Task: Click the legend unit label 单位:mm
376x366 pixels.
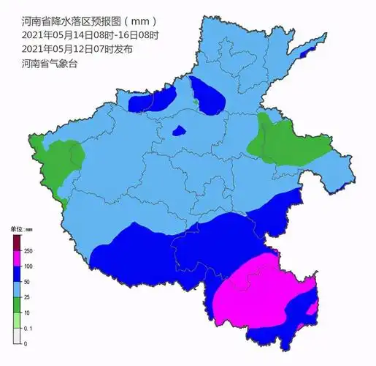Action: click(x=21, y=229)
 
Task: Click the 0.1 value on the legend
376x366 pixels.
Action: click(x=28, y=328)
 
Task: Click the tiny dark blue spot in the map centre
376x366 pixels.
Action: click(x=178, y=132)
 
